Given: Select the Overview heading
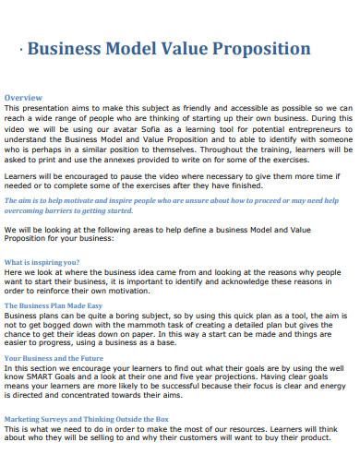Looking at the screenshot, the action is (x=23, y=97).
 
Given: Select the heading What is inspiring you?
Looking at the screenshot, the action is (x=40, y=262).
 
